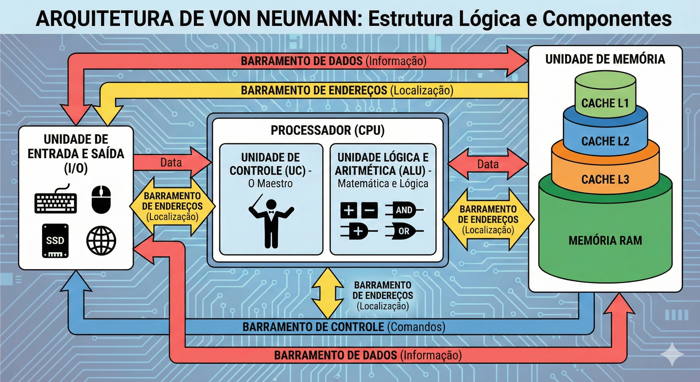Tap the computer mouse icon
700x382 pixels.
pos(101,199)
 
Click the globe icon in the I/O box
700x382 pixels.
pos(101,240)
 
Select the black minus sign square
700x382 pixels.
pos(369,210)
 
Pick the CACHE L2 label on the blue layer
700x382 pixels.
pos(605,141)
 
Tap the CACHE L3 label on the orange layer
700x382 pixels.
pos(605,180)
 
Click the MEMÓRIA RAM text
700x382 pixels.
pos(605,240)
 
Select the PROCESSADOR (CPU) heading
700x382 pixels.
pos(327,131)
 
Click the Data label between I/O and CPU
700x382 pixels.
pos(171,163)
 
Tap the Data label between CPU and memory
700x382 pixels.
pos(488,164)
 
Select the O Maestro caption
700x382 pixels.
pos(270,184)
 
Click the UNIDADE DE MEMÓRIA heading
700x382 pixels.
pos(605,59)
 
